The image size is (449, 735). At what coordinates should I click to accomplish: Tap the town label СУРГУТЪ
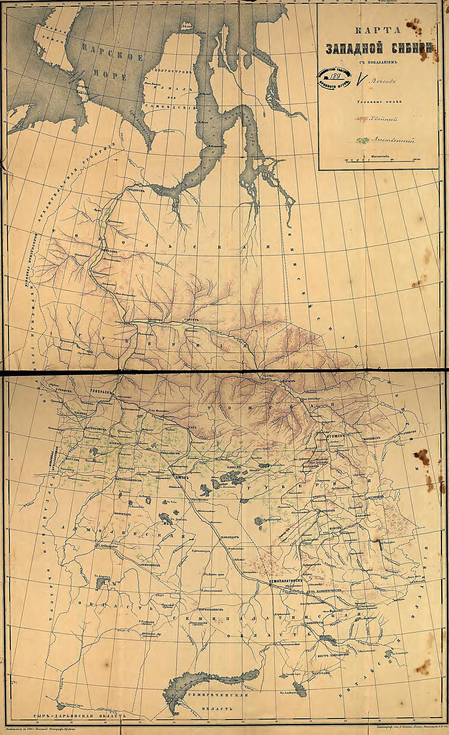coord(191,320)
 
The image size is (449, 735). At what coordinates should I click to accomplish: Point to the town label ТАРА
coord(192,427)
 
